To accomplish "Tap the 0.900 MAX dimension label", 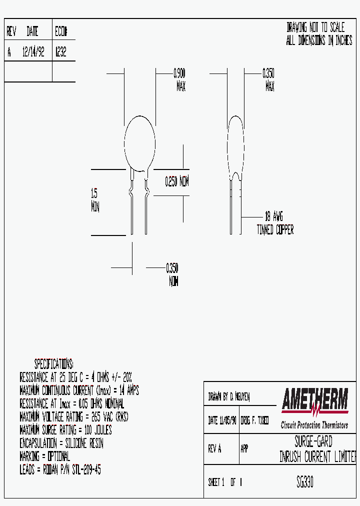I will click(180, 80).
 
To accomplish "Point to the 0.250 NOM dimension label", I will click(177, 182).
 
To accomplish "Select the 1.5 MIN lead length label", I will click(95, 200).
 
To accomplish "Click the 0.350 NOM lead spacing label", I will click(172, 274).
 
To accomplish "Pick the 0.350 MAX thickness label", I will click(268, 80).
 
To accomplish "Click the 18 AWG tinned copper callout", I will click(274, 223).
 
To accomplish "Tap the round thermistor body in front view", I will click(139, 142).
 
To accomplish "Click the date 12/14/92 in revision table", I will click(33, 52).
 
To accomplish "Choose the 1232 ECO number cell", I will click(60, 52).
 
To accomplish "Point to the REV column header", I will click(11, 32).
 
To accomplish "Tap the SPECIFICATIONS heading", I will click(53, 363).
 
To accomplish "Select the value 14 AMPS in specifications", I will click(129, 390).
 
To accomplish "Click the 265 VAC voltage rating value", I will click(102, 417).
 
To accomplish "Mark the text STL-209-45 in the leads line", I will click(86, 470).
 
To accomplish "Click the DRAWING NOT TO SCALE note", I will click(315, 28).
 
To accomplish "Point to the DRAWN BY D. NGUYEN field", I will click(229, 397).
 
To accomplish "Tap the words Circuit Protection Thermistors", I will click(314, 425).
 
